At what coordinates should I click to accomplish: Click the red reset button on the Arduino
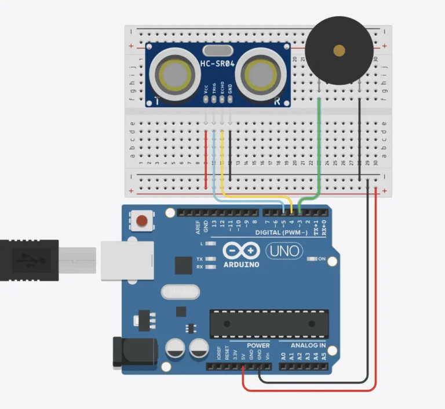(141, 220)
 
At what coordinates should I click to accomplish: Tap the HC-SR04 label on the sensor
(218, 64)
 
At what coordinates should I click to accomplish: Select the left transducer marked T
(172, 74)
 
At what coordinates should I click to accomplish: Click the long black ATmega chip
(268, 324)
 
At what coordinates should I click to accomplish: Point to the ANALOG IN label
(308, 346)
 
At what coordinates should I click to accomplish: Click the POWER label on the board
(258, 346)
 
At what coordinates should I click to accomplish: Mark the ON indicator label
(322, 259)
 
